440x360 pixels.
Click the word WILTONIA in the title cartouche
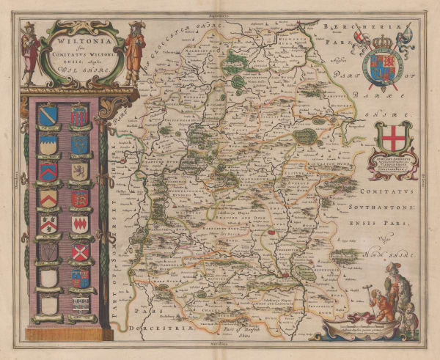coord(77,42)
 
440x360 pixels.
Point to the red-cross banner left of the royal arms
coord(359,40)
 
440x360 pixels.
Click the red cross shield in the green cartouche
coord(394,138)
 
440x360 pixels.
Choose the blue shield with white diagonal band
coord(48,114)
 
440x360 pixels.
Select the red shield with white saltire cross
coord(80,251)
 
